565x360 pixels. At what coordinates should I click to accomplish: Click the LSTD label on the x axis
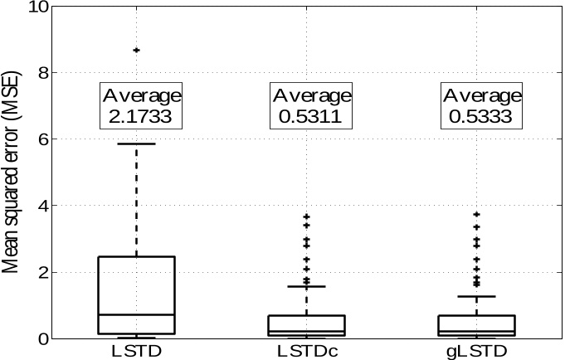(137, 350)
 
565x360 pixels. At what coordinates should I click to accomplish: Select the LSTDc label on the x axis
(307, 350)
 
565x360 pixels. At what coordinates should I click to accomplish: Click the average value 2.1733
(140, 116)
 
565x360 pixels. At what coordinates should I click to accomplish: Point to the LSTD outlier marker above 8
(137, 51)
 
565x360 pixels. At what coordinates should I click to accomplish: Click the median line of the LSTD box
(137, 314)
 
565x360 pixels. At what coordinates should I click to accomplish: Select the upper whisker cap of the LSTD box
(137, 144)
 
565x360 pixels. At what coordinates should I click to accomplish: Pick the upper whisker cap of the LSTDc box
(307, 286)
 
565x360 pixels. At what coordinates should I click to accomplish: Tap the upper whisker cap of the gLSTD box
(477, 296)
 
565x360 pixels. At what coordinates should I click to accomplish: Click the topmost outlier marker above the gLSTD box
(477, 214)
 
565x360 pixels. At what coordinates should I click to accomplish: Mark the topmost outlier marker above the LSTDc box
(307, 216)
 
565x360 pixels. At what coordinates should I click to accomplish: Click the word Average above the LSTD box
(140, 96)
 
